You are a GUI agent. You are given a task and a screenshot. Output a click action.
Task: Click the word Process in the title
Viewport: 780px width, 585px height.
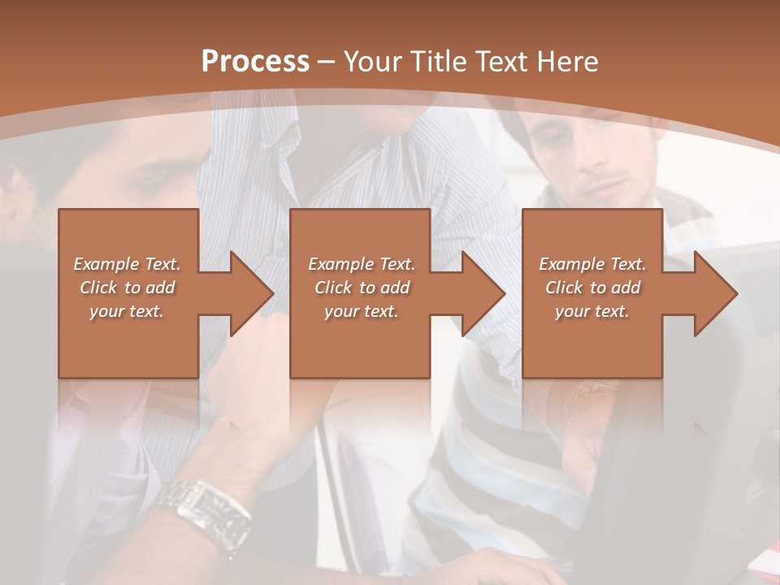click(255, 62)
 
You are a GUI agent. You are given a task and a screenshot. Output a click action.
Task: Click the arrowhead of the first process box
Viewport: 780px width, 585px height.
click(253, 293)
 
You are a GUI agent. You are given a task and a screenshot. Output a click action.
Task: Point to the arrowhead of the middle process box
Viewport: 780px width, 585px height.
click(484, 293)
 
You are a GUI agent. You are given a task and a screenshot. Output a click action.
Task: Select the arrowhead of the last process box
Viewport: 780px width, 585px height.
click(716, 293)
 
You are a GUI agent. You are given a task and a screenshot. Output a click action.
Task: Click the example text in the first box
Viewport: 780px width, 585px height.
click(128, 288)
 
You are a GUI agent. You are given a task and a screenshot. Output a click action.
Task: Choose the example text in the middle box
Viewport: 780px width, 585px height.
click(362, 288)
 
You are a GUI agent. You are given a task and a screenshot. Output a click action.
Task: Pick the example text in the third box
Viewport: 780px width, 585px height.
click(592, 288)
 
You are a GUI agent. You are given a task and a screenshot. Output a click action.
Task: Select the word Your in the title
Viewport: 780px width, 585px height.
click(371, 62)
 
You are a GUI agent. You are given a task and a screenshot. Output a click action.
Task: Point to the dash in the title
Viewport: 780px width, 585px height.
click(326, 62)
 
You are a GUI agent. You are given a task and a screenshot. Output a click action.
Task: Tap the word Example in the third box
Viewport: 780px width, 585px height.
click(570, 264)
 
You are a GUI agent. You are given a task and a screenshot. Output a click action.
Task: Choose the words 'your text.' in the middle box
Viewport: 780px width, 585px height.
click(362, 311)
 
